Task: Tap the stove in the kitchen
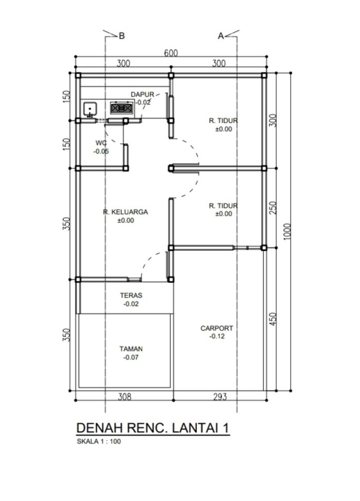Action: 121,108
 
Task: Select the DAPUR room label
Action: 142,95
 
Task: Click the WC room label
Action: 101,143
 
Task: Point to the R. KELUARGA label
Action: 125,212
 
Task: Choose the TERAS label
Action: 131,295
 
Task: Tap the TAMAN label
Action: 131,349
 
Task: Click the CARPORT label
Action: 217,328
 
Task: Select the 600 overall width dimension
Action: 171,53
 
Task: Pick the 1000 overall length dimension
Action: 287,231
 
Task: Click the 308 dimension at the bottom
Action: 124,397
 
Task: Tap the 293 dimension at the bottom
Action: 220,397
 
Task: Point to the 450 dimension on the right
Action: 273,319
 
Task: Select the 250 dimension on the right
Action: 273,208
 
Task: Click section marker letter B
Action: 121,36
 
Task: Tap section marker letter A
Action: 221,36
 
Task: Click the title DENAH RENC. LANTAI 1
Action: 153,428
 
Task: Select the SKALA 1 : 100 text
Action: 99,441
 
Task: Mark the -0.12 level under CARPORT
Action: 217,336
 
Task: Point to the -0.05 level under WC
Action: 101,152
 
